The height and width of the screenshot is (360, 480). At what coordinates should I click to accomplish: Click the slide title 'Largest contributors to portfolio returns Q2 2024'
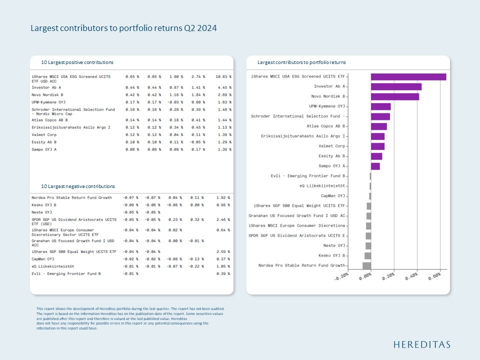[123, 28]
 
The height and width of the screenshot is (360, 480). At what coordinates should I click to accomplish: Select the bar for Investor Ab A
[396, 86]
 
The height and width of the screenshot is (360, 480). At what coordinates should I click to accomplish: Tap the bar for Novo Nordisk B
[394, 96]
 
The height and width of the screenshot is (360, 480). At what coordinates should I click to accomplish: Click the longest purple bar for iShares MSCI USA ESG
[408, 76]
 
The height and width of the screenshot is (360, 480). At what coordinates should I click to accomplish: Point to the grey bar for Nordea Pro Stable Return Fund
[366, 265]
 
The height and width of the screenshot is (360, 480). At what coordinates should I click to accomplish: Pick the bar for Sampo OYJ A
[375, 166]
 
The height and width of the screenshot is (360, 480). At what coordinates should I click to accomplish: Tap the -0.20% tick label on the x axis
[342, 277]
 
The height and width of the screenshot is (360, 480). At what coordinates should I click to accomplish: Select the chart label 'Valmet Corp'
[332, 146]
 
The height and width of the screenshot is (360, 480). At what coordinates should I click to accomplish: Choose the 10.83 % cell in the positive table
[223, 76]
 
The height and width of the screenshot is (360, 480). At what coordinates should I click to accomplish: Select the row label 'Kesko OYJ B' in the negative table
[44, 205]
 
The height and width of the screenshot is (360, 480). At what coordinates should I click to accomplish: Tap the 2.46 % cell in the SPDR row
[223, 219]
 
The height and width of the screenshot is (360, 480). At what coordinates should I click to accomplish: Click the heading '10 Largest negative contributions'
[78, 186]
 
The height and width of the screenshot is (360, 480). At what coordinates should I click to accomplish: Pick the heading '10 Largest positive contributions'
[77, 62]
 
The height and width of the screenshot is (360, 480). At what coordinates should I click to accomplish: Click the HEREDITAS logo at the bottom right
[421, 344]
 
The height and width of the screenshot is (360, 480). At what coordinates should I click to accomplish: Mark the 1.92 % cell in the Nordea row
[223, 197]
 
